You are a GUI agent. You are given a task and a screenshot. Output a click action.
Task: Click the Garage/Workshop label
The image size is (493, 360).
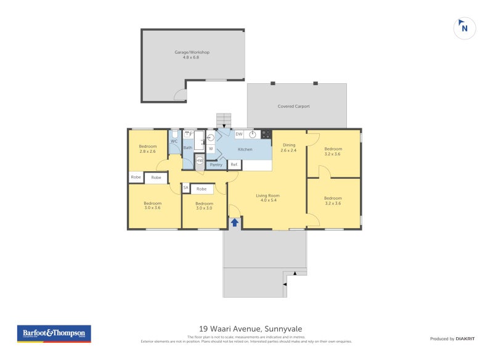pyautogui.click(x=192, y=52)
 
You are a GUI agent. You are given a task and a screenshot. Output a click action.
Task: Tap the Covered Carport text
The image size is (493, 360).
pyautogui.click(x=293, y=106)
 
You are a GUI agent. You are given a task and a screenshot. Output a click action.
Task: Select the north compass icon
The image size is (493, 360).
pyautogui.click(x=465, y=27)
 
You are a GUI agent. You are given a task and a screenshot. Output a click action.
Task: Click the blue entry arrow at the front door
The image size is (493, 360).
pyautogui.click(x=235, y=222)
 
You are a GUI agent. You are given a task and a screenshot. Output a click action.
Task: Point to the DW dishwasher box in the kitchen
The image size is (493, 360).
pyautogui.click(x=238, y=134)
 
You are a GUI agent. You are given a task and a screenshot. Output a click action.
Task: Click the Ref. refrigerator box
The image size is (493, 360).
pyautogui.click(x=234, y=165)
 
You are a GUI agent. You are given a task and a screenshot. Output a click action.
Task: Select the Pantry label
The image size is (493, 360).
pyautogui.click(x=216, y=165)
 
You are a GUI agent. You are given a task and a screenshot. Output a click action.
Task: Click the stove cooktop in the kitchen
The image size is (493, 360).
pyautogui.click(x=266, y=134)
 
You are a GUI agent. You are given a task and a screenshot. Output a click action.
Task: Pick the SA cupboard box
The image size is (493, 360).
pyautogui.click(x=185, y=188)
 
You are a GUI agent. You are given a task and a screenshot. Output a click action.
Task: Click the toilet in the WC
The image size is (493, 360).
pyautogui.click(x=175, y=134)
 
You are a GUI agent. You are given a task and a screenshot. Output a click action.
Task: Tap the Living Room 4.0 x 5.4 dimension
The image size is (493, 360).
pyautogui.click(x=268, y=200)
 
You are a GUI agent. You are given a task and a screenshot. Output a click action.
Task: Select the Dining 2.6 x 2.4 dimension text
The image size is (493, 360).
pyautogui.click(x=288, y=150)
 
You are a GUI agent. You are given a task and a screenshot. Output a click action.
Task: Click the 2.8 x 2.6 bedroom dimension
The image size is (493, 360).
pyautogui.click(x=147, y=151)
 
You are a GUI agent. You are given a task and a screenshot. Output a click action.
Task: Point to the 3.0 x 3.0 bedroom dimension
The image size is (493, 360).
pyautogui.click(x=204, y=208)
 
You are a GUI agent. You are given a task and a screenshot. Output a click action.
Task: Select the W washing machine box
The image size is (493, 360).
pyautogui.click(x=211, y=149)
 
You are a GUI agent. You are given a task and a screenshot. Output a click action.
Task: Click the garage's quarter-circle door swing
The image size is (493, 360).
pyautogui.click(x=180, y=95)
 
